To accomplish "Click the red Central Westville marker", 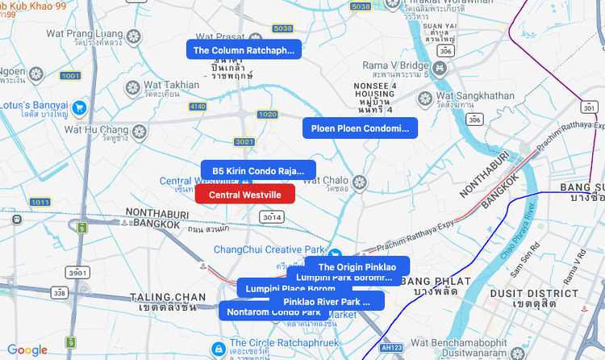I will [245, 195].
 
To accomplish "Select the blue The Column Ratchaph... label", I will [244, 50].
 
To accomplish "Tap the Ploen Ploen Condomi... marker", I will [360, 128].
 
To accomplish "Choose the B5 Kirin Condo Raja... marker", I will [258, 171].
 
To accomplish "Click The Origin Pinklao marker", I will [357, 266].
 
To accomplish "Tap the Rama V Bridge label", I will [395, 65].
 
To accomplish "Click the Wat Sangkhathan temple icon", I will [425, 98].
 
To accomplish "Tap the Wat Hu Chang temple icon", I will [140, 130].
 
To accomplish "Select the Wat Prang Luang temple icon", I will [131, 36].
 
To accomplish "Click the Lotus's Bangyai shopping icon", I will [79, 107].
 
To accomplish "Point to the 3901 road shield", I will [77, 272].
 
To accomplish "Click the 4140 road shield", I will [198, 106].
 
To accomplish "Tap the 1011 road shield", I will [40, 201].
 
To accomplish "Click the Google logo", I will [27, 350].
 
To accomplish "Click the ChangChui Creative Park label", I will [268, 249].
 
